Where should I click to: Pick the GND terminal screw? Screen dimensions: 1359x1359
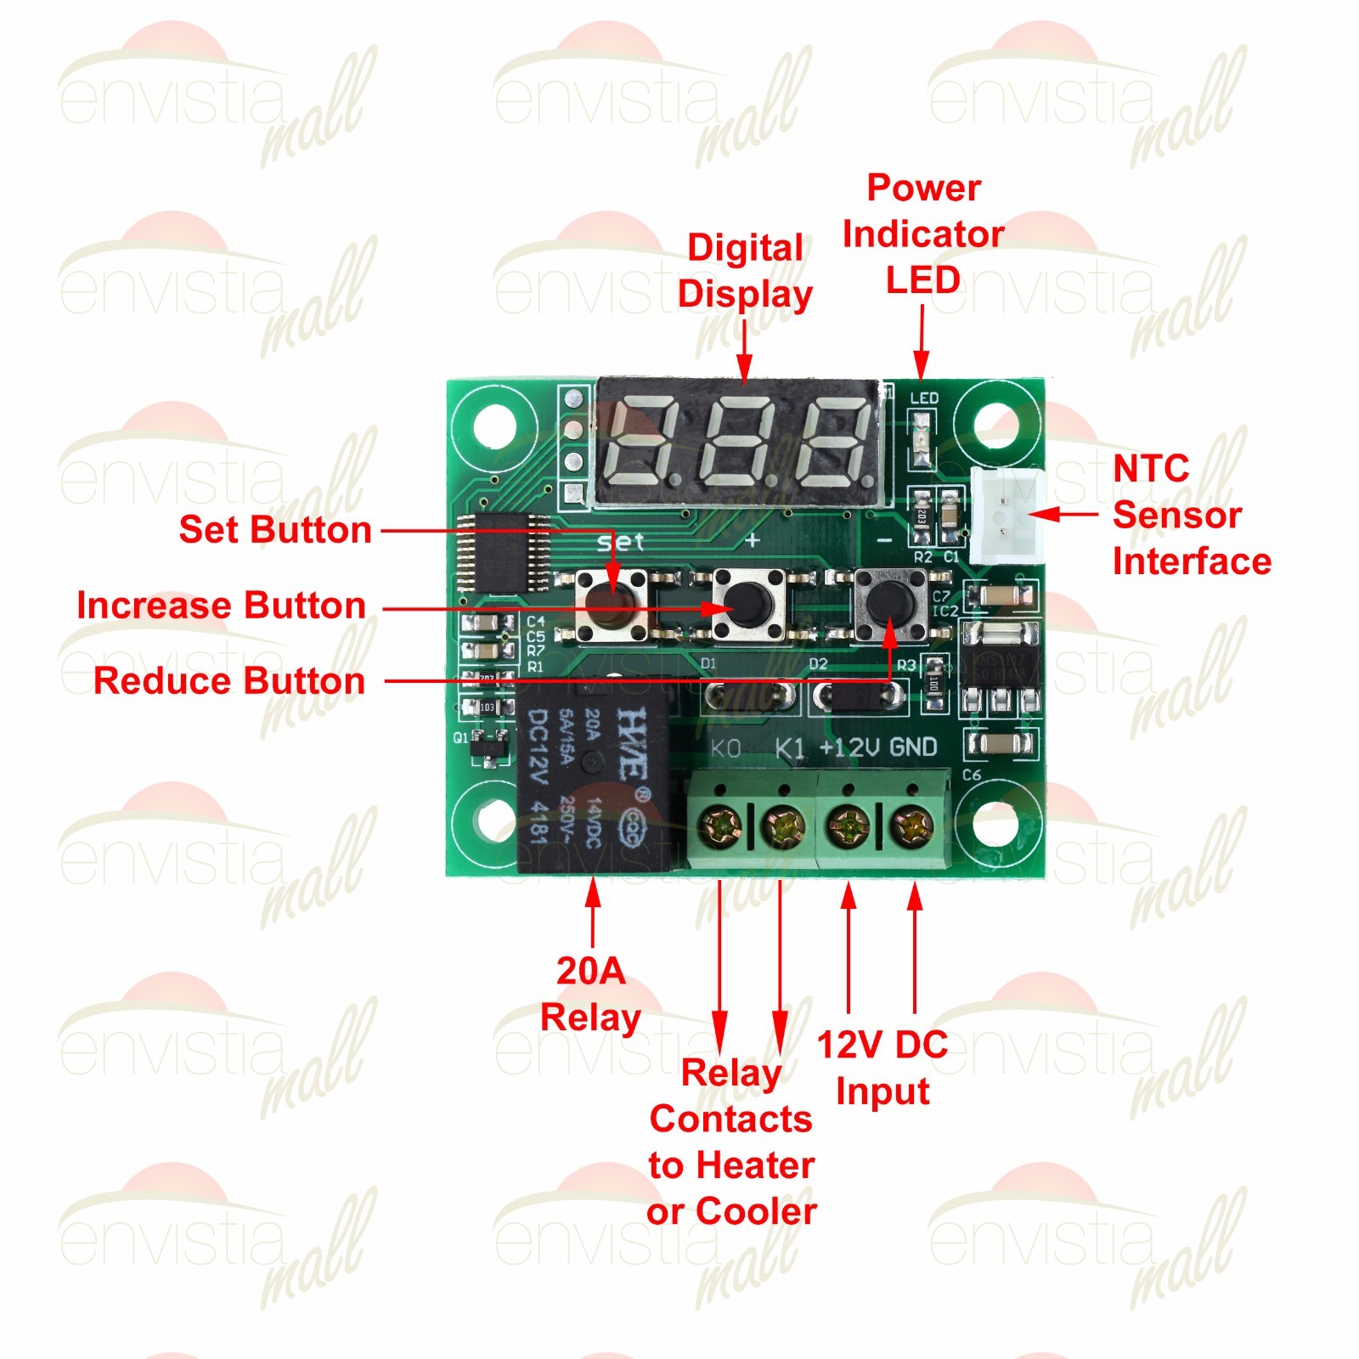tap(914, 824)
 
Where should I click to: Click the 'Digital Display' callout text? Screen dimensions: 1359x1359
tap(745, 271)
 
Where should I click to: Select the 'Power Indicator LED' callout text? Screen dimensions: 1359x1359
tap(923, 234)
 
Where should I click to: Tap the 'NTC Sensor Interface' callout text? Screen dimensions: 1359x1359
tap(1191, 516)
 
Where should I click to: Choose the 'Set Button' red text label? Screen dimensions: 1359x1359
tap(275, 530)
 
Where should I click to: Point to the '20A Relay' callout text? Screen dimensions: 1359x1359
tap(590, 994)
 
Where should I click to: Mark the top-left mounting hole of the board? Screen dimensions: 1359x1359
tap(493, 424)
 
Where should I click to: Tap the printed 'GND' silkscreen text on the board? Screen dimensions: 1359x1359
tap(913, 747)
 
